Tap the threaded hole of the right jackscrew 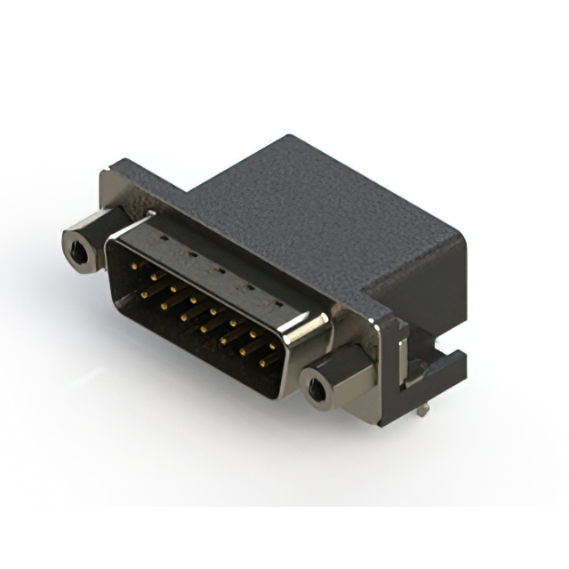point(317,388)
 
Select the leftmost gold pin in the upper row point(134,266)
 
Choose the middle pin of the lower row point(204,329)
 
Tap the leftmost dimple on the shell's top point(164,238)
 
